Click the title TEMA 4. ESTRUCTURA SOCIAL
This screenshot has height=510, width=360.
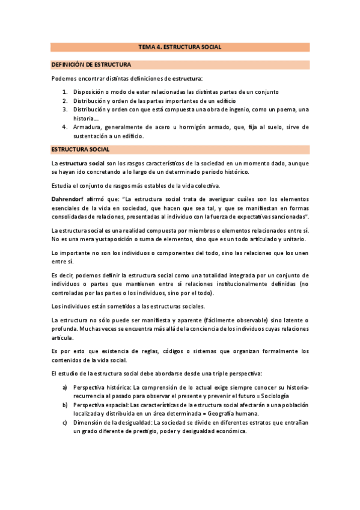tap(180, 46)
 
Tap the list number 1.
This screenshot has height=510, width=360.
tap(65, 91)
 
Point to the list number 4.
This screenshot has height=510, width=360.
tap(65, 127)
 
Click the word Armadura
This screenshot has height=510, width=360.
tap(88, 127)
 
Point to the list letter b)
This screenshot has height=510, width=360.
tap(65, 405)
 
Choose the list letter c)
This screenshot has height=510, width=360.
tap(65, 423)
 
